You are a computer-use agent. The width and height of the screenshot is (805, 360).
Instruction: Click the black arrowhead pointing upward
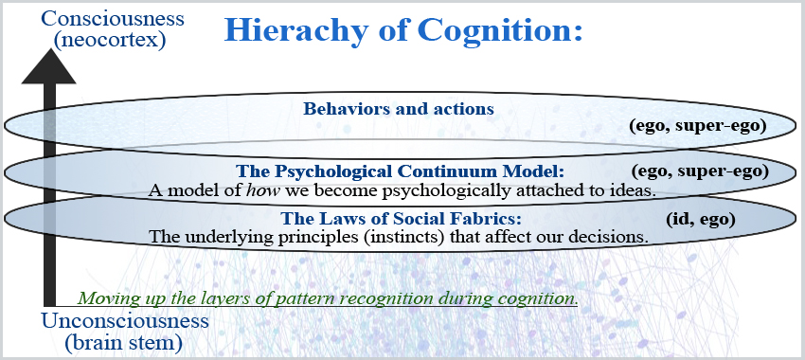(x=48, y=66)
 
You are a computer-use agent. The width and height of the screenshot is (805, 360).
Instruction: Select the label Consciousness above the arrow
(x=113, y=18)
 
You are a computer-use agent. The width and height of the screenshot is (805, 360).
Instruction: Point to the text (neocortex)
(x=109, y=40)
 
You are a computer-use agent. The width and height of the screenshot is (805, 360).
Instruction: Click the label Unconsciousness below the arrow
(x=125, y=321)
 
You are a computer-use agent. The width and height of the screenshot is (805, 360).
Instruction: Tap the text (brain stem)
(x=124, y=343)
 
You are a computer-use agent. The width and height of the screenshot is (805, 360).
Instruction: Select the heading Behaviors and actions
(x=399, y=109)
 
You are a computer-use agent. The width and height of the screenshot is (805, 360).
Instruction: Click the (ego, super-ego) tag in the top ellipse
(x=698, y=126)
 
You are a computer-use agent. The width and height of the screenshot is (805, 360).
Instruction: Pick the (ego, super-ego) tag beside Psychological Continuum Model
(x=700, y=172)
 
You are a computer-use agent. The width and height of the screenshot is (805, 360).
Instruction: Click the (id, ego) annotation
(x=701, y=220)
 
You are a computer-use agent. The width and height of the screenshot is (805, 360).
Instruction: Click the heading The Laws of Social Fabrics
(x=402, y=219)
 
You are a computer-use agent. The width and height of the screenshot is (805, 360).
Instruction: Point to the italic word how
(x=259, y=190)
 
